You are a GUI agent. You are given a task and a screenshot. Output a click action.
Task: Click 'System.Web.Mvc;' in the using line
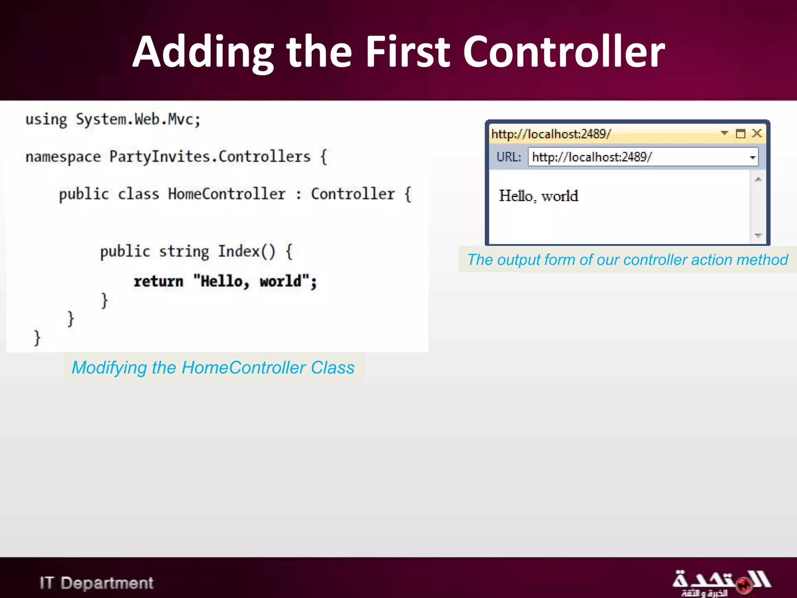click(138, 120)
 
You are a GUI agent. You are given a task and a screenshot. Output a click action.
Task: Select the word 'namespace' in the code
click(63, 157)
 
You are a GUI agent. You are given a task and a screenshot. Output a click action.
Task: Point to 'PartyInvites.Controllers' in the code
click(210, 157)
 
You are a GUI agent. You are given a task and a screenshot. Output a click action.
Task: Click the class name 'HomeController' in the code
click(226, 194)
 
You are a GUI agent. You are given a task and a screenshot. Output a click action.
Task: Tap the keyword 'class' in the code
click(138, 194)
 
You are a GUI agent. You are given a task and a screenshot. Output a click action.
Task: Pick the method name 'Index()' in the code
click(246, 252)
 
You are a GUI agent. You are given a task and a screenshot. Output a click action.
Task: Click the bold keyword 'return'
click(158, 281)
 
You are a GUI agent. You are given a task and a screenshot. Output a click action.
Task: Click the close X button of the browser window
click(757, 134)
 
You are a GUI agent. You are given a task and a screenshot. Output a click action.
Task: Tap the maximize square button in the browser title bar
click(740, 134)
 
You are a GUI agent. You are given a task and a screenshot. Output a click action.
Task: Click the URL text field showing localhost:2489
click(638, 157)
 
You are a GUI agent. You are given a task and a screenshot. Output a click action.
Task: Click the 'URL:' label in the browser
click(509, 157)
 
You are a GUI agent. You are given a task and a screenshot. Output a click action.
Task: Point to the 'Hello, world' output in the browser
click(538, 196)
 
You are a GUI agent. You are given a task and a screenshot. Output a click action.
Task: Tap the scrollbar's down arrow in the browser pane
click(758, 235)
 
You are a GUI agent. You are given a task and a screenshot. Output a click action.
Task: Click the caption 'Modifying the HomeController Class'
click(213, 368)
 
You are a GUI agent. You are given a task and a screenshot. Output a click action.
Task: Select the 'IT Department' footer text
click(97, 583)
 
